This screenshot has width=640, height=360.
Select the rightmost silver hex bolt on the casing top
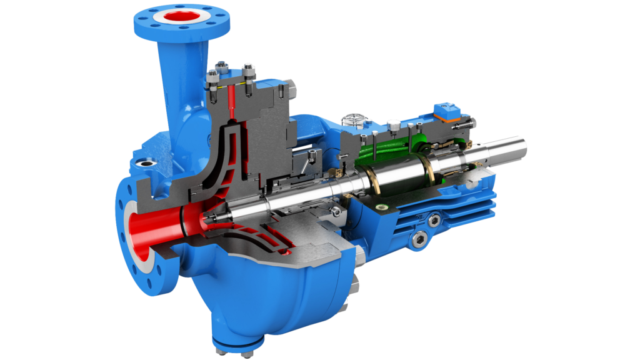[249, 69]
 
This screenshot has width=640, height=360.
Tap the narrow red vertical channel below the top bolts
[233, 100]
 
